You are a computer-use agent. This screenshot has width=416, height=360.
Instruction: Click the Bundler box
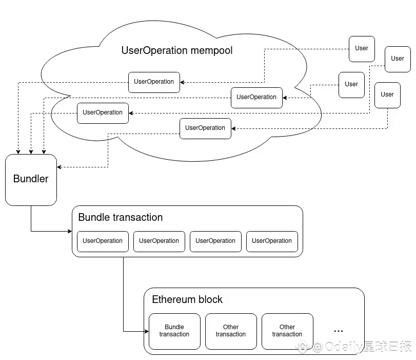click(x=31, y=179)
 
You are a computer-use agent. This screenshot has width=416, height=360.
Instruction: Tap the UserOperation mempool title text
click(x=177, y=50)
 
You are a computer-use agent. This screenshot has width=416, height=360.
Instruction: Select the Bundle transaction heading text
click(x=121, y=217)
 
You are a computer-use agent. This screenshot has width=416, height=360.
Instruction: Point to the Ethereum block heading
click(x=187, y=299)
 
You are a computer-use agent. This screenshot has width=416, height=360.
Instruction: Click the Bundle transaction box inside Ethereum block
click(x=174, y=331)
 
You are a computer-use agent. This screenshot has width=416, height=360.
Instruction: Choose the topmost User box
click(x=362, y=48)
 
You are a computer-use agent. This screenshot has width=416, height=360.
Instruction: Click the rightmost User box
click(x=398, y=59)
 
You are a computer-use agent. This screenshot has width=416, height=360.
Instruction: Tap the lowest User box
click(x=387, y=94)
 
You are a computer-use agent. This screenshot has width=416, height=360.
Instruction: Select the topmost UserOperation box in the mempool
click(x=154, y=82)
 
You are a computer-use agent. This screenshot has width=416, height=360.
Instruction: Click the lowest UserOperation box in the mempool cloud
click(x=205, y=128)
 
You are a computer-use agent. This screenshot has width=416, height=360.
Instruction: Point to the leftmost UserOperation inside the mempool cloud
click(x=103, y=112)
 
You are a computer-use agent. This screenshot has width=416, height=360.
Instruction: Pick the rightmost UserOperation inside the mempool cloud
click(x=256, y=97)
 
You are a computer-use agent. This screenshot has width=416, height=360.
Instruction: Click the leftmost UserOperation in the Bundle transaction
click(x=103, y=241)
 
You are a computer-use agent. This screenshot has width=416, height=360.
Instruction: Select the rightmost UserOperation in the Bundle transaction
click(x=272, y=241)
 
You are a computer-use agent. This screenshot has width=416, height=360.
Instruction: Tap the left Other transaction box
click(x=231, y=331)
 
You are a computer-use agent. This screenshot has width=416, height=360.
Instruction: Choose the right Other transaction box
click(x=287, y=331)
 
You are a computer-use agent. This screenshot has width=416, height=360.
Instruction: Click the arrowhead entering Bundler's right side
click(x=60, y=167)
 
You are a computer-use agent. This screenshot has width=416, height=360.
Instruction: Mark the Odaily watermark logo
click(x=304, y=347)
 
